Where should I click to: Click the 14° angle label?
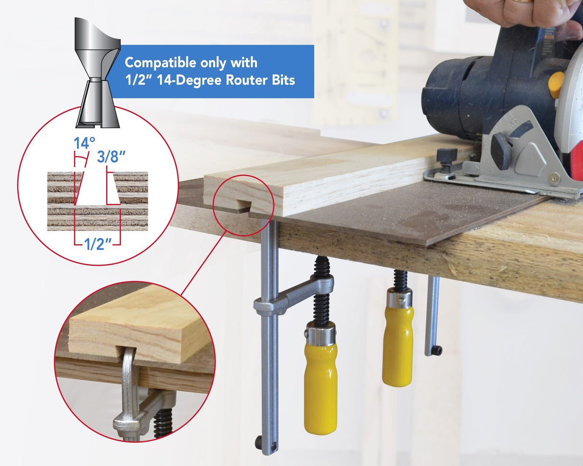pyautogui.click(x=84, y=143)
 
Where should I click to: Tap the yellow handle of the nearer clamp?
pyautogui.click(x=320, y=384)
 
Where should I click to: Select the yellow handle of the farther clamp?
pyautogui.click(x=398, y=343)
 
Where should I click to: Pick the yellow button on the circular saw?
pyautogui.click(x=557, y=84)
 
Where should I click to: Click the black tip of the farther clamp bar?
pyautogui.click(x=436, y=350)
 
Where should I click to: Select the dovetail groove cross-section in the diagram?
pyautogui.click(x=98, y=189)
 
